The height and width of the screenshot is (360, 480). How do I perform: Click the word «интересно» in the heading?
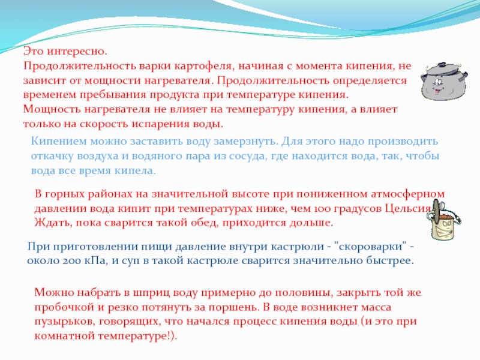point(77,51)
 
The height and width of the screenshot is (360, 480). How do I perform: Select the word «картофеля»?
point(203,66)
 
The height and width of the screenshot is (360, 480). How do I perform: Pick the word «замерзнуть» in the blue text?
point(245,142)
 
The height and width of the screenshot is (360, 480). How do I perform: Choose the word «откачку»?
point(52,156)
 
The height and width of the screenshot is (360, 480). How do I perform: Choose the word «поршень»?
point(233,308)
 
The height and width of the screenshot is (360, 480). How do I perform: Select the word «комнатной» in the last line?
point(65,336)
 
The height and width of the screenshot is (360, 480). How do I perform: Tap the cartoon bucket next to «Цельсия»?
point(443,220)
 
